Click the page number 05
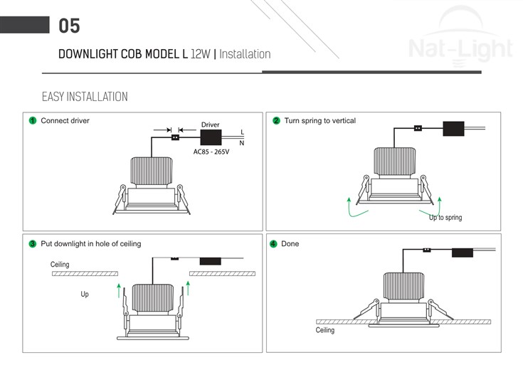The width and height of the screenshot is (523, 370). pos(69,26)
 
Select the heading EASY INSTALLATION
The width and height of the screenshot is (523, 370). pos(85,97)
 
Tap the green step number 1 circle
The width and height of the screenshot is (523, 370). pos(33,121)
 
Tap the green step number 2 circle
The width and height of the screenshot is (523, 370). pos(276,121)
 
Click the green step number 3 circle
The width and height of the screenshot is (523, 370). pos(33,244)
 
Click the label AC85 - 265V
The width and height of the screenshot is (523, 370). pos(211,152)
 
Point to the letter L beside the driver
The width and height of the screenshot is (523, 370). pos(242,132)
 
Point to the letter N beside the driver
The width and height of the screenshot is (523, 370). pos(242,143)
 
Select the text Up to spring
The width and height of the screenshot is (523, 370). pos(445,217)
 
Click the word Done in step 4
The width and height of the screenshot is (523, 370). pos(290,244)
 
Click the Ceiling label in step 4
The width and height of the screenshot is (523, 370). pos(325,330)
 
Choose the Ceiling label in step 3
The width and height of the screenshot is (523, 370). pos(60,265)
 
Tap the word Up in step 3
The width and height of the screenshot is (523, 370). pos(85,294)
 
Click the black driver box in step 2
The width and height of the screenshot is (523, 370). pos(453,129)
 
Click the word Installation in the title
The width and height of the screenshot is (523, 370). pos(245,54)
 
